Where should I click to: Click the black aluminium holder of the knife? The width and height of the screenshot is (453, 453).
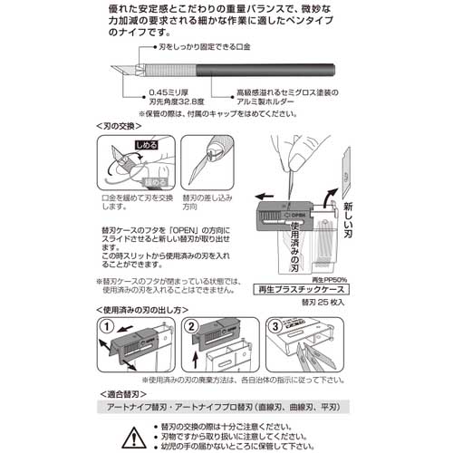[x=272, y=70]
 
